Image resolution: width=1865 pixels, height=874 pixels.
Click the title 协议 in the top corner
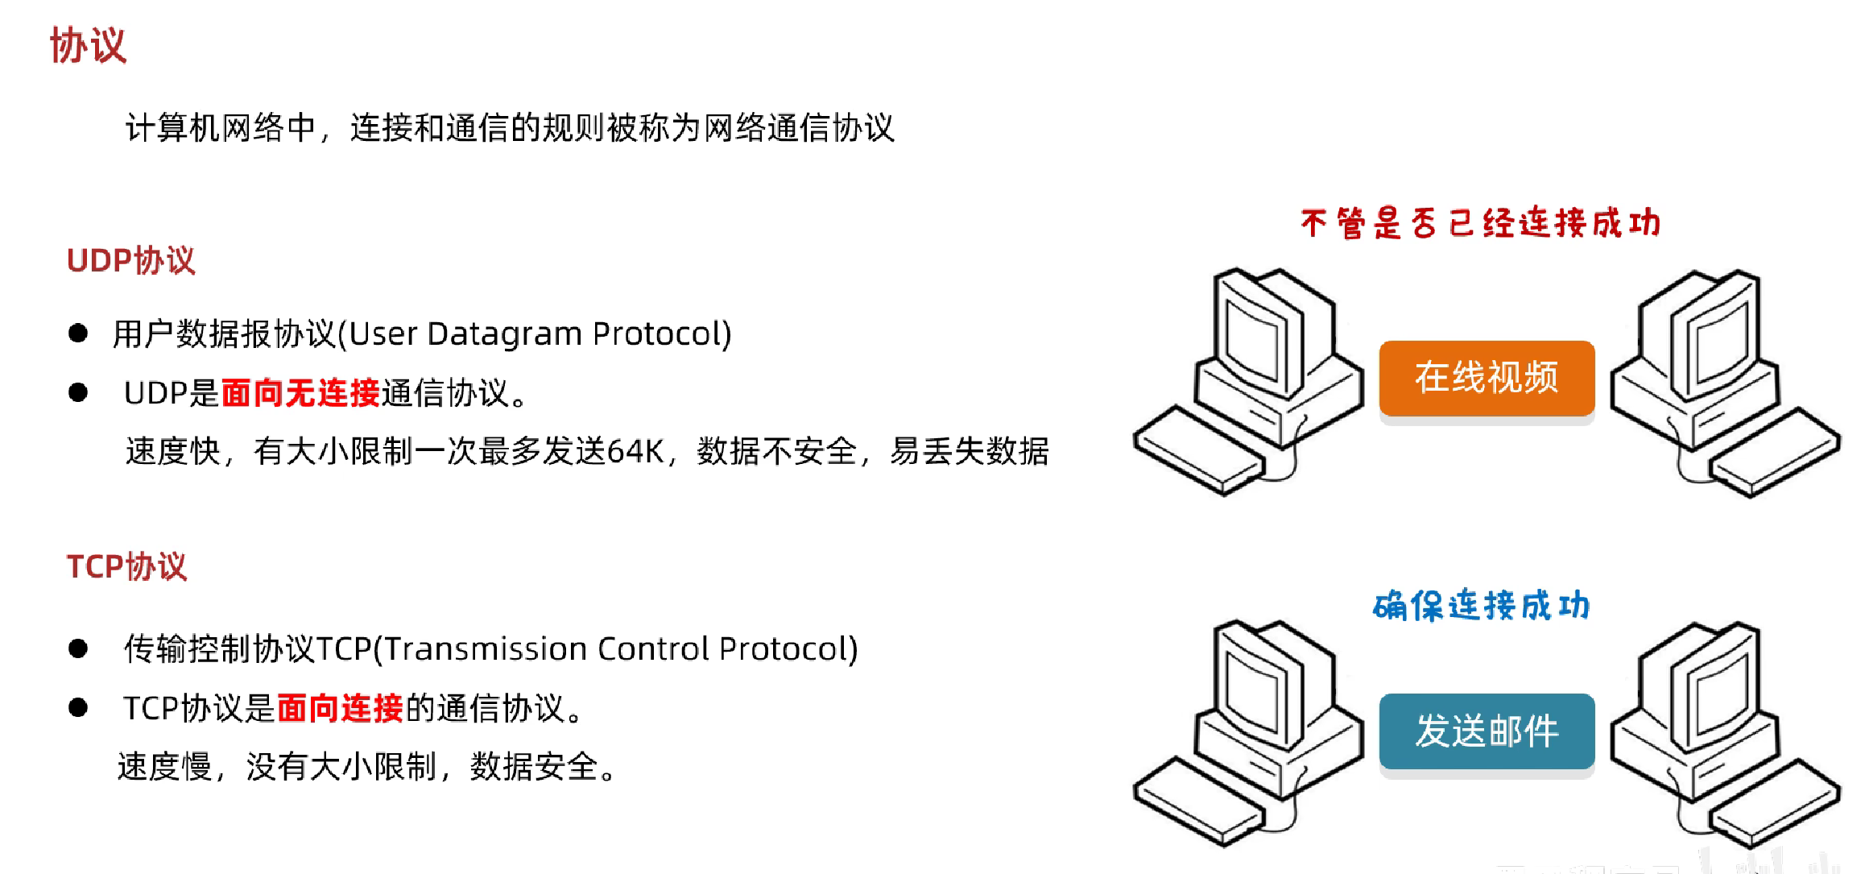[88, 45]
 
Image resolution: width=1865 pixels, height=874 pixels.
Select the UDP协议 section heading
[131, 260]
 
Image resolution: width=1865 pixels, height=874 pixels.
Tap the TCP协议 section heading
[126, 566]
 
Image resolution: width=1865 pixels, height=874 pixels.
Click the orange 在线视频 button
[1487, 378]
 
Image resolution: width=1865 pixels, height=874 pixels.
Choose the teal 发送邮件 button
[1487, 731]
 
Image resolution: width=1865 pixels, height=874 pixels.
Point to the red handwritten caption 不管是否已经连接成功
[1480, 223]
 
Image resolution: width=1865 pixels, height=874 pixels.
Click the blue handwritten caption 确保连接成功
[1481, 605]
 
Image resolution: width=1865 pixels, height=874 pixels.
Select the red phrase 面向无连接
[300, 393]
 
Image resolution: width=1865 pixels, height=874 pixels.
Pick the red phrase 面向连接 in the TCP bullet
[340, 708]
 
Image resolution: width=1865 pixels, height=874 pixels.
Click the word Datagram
[504, 333]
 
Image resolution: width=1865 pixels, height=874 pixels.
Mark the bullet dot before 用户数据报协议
[78, 333]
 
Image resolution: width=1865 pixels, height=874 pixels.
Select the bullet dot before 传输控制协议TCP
[78, 648]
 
